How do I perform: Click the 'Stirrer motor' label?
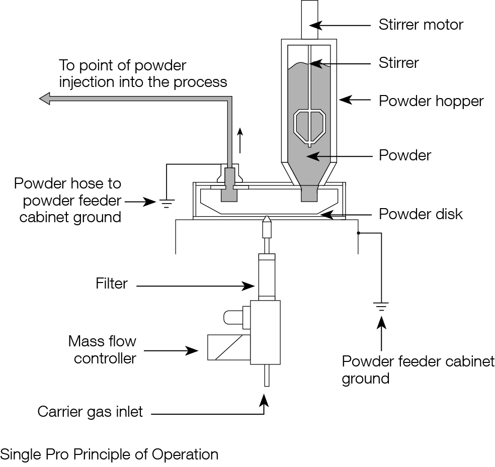421,24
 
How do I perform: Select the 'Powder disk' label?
421,214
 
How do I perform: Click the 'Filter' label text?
112,284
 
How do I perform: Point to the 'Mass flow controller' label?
103,350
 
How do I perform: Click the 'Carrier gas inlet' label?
90,412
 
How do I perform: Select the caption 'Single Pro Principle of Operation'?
109,454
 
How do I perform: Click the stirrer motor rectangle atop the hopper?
309,19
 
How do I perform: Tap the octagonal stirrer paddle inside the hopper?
309,126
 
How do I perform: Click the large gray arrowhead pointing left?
46,99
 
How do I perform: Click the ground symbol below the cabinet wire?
381,306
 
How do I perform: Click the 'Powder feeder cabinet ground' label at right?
418,369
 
